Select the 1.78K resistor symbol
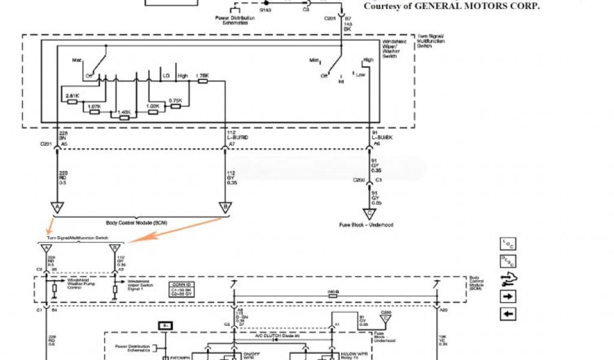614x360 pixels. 202,81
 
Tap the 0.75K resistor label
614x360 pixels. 175,100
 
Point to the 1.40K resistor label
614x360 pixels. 124,112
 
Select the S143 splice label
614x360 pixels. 265,10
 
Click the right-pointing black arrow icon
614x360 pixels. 507,296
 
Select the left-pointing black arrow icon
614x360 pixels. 507,314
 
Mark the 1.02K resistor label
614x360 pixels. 153,106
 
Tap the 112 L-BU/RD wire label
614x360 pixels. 237,135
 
